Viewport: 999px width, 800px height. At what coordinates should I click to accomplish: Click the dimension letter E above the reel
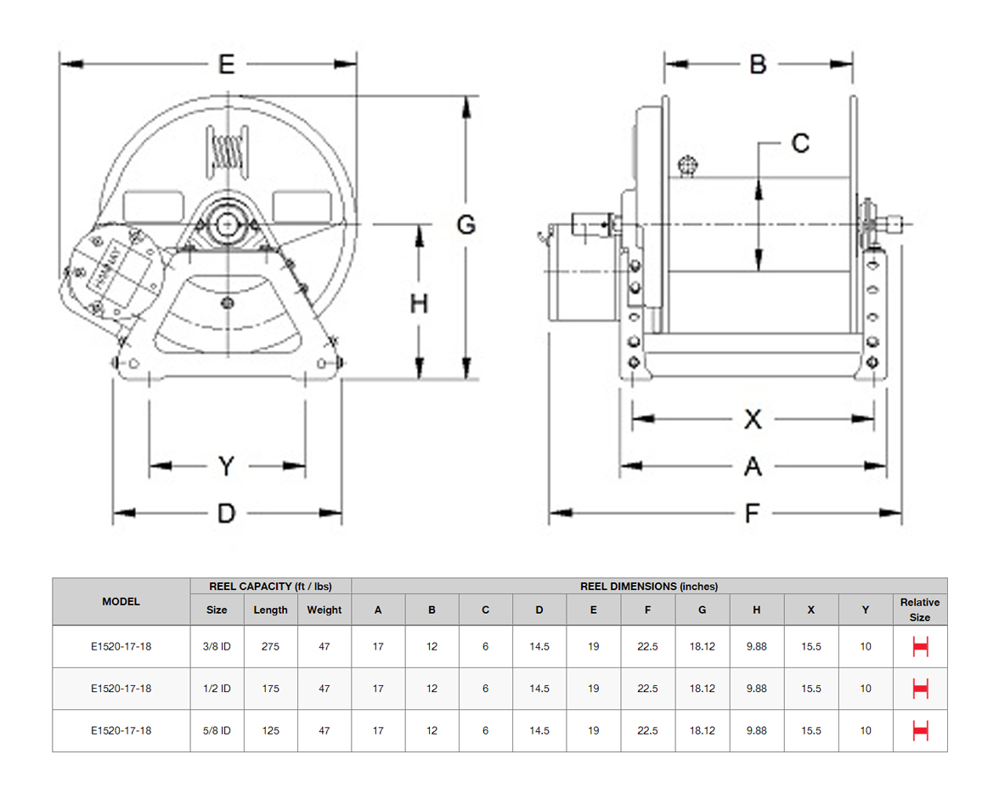coord(227,65)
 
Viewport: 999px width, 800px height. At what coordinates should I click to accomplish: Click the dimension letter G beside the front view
coord(466,224)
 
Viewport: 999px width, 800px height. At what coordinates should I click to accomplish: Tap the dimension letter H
coord(419,304)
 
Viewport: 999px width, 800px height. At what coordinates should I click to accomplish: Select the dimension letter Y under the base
coord(226,466)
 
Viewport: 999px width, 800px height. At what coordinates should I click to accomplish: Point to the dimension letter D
coord(226,513)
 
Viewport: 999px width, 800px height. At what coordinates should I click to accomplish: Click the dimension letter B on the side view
coord(758,65)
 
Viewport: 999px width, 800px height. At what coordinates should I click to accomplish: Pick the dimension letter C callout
coord(800,144)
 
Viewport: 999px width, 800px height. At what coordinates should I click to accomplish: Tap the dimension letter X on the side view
coord(753,419)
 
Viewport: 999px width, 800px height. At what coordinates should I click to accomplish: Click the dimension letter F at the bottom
coord(752,513)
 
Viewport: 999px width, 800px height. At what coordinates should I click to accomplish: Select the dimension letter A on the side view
coord(753,467)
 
